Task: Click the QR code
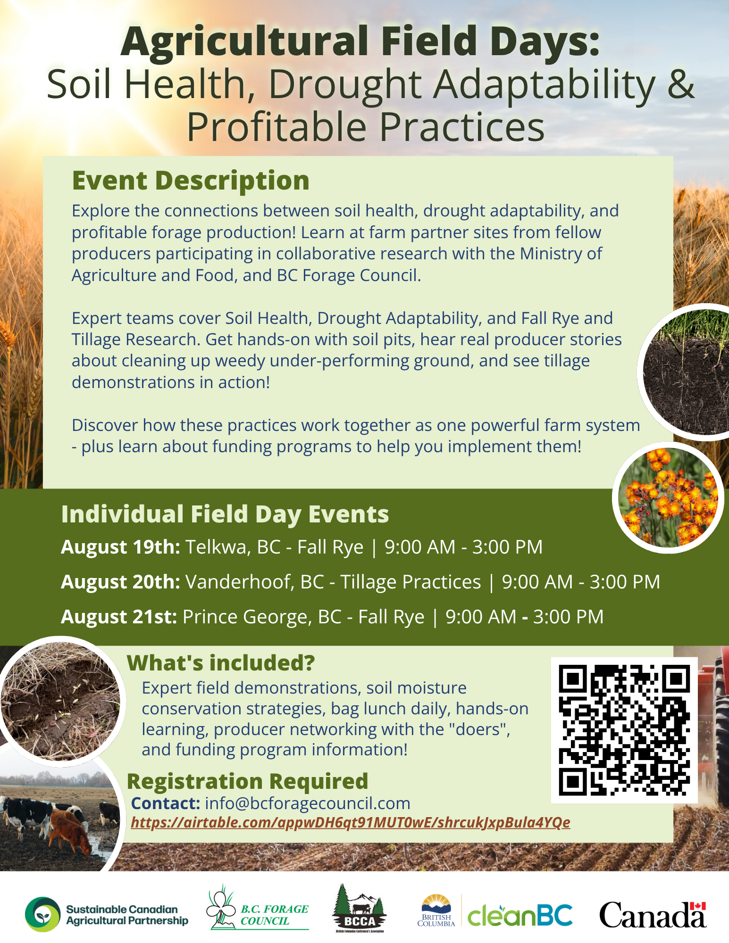(x=624, y=730)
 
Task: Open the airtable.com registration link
(x=351, y=823)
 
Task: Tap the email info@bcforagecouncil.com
(x=308, y=803)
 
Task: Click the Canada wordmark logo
(x=653, y=915)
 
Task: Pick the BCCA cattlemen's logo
(x=360, y=909)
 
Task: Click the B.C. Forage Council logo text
(x=274, y=915)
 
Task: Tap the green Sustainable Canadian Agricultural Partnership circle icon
(x=43, y=914)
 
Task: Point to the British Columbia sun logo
(x=436, y=910)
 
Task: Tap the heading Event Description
(x=191, y=181)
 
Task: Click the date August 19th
(x=120, y=547)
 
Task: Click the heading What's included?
(x=221, y=663)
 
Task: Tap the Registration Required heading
(x=248, y=781)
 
